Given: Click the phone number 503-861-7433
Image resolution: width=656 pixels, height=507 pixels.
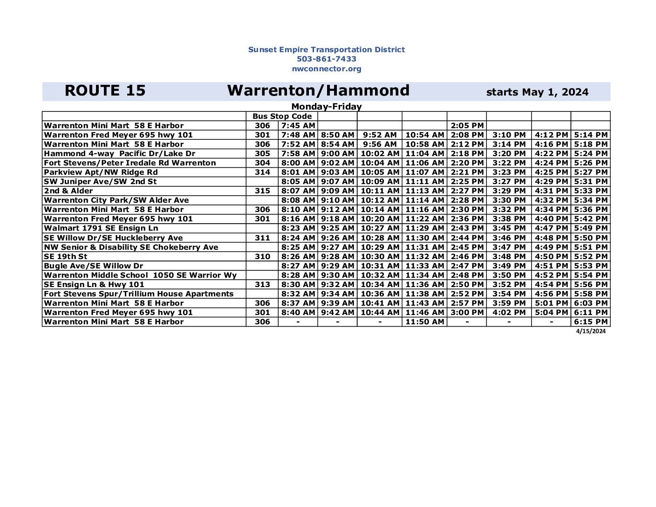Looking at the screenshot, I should tap(326, 59).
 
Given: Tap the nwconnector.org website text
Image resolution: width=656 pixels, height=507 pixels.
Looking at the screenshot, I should tap(326, 69).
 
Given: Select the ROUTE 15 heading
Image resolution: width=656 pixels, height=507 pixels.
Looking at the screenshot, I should tap(105, 91).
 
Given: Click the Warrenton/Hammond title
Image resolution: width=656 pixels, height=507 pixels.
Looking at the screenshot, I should tap(318, 90).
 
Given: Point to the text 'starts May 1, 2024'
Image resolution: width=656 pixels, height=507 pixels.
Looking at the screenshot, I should tap(537, 92).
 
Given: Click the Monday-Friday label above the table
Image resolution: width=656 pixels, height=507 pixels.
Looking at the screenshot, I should tap(326, 107).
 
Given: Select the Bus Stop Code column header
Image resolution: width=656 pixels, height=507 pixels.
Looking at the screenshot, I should tap(282, 116).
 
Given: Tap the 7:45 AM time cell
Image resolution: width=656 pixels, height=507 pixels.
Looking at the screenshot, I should tap(298, 126).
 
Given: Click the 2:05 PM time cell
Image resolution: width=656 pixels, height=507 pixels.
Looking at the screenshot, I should tap(467, 126).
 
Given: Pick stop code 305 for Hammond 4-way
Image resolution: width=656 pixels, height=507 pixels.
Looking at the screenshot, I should tap(262, 154).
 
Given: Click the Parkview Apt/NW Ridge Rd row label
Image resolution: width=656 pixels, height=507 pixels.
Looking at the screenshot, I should tap(101, 172).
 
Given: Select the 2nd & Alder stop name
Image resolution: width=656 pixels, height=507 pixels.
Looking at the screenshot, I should tap(68, 191).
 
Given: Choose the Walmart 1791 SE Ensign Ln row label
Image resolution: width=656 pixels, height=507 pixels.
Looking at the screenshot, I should tap(101, 228).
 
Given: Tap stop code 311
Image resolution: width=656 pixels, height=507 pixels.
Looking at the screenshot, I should tap(262, 238).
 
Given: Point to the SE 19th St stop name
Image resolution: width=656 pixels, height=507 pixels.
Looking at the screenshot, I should tap(65, 257).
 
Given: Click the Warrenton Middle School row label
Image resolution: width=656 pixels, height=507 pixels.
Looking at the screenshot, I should tap(140, 275).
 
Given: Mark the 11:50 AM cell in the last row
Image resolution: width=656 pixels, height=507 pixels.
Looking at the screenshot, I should tap(424, 322).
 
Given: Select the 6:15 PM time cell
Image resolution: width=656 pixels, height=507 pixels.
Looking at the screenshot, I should tap(590, 322).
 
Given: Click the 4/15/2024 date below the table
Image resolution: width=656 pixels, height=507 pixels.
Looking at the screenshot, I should tap(591, 331).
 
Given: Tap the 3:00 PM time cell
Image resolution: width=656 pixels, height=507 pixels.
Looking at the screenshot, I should tap(467, 313).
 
